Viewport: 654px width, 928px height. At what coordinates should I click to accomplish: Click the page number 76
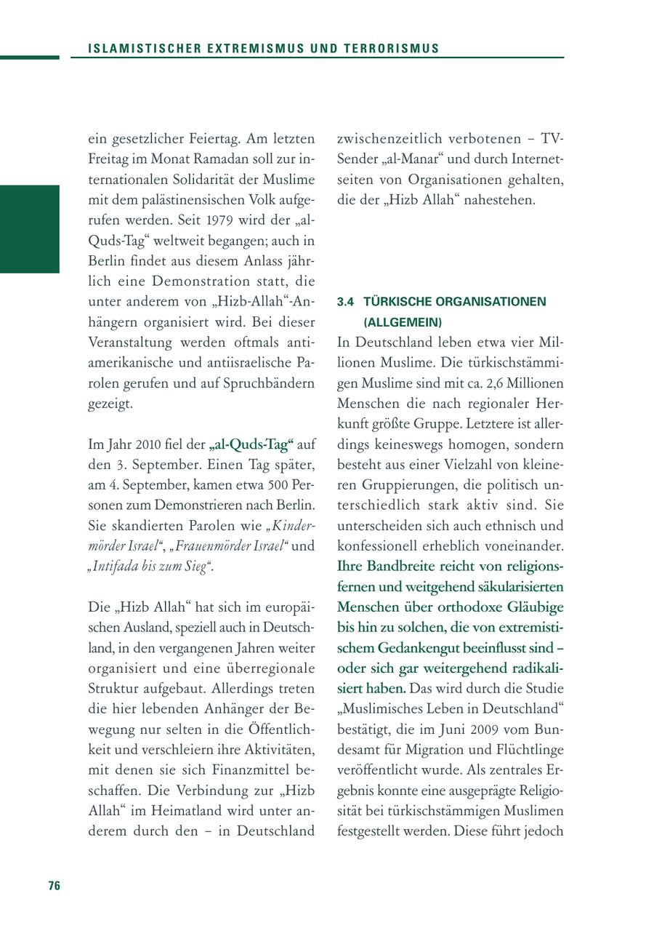(x=54, y=885)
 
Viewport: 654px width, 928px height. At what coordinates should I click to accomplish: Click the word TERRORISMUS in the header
(x=396, y=49)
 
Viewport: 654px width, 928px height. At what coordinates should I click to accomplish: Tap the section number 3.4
(x=345, y=301)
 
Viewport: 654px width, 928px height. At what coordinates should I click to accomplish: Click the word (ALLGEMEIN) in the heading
(x=403, y=321)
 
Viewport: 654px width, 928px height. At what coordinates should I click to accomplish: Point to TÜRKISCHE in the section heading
(x=396, y=301)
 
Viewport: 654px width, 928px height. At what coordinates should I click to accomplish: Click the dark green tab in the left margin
(x=29, y=228)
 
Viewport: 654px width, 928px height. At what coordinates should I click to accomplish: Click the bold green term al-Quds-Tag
(x=251, y=443)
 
